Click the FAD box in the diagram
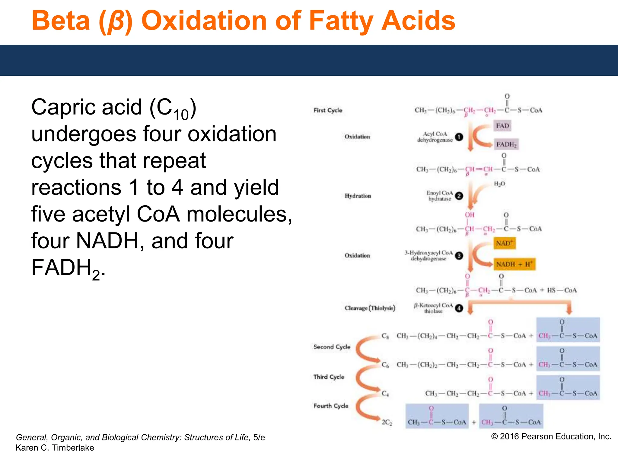tap(502, 126)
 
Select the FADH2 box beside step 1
tap(506, 144)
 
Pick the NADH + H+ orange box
tap(514, 264)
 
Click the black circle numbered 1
tap(459, 137)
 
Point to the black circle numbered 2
tap(459, 196)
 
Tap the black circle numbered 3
tap(459, 256)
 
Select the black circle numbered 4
tap(459, 308)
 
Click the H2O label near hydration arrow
tap(499, 184)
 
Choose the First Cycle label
tap(328, 110)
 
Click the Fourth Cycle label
tap(331, 406)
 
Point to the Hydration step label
tap(358, 196)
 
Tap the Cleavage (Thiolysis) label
tap(370, 308)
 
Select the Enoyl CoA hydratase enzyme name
tap(439, 196)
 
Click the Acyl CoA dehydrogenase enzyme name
tap(435, 137)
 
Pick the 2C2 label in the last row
tap(387, 422)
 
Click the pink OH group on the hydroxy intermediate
tap(470, 215)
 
